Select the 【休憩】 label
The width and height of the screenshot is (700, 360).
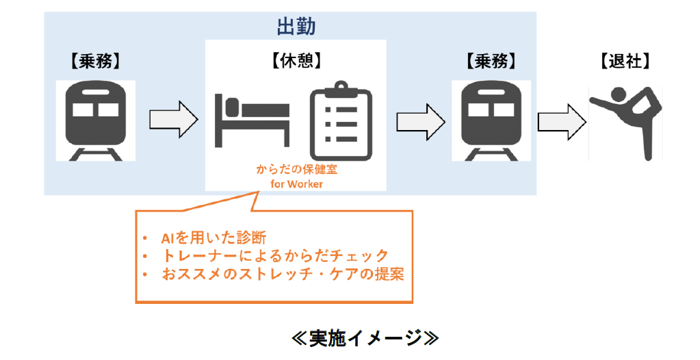point(295,62)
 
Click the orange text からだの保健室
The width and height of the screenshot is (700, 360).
point(296,170)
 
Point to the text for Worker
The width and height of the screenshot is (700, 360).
point(296,183)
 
